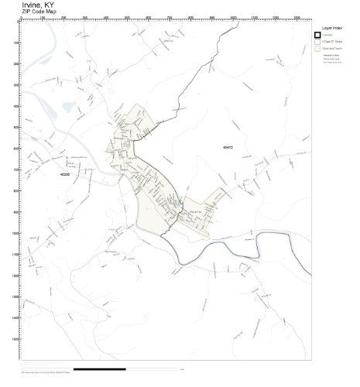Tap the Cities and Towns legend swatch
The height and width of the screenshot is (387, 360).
point(317,49)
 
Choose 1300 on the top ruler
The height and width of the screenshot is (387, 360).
point(297,18)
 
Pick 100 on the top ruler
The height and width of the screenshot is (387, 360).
point(43,18)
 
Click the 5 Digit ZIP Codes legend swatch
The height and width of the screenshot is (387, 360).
point(317,42)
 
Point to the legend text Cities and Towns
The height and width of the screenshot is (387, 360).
point(334,49)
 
